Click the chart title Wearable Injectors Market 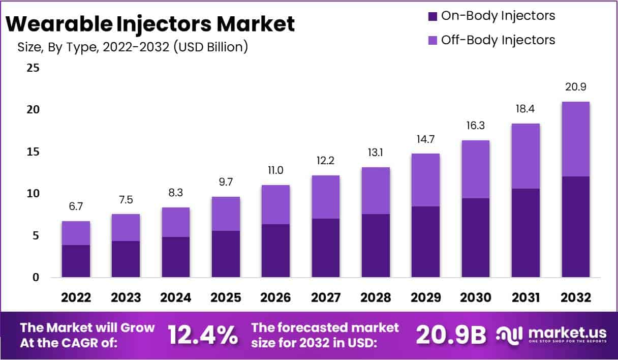(x=151, y=24)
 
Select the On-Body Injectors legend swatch (x=432, y=16)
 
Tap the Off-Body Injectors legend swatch (x=432, y=40)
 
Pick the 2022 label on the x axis (x=76, y=298)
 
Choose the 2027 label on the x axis (x=325, y=298)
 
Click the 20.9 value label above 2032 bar (x=575, y=87)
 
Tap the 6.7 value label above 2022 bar (x=76, y=207)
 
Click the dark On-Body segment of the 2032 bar (x=575, y=227)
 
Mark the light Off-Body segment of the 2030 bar (x=475, y=169)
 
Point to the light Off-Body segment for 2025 (x=226, y=214)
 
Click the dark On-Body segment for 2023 (x=126, y=259)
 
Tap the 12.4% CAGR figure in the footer (x=203, y=335)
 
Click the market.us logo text (x=567, y=333)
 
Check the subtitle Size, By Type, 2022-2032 (x=133, y=47)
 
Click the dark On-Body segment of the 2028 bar (x=376, y=246)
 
